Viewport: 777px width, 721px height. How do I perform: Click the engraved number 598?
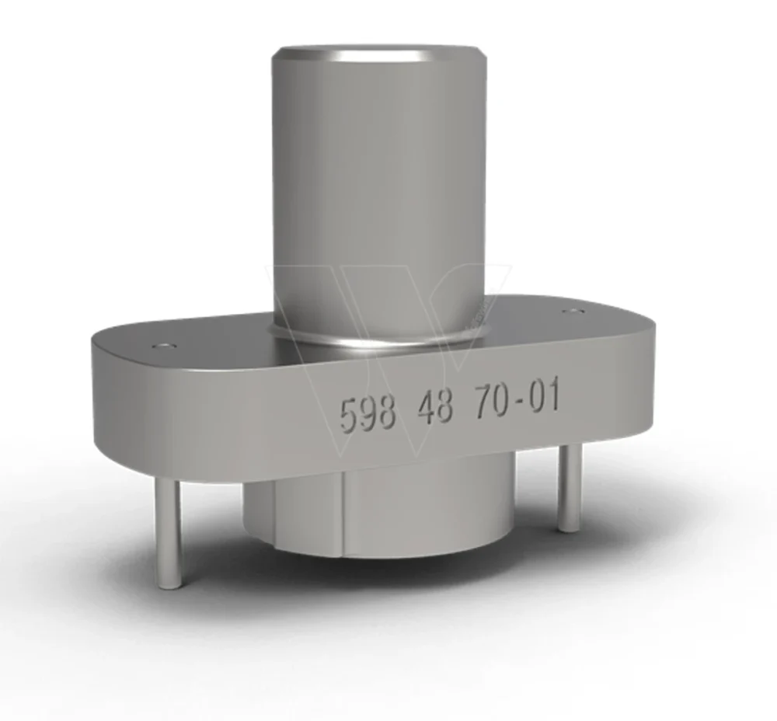coord(368,413)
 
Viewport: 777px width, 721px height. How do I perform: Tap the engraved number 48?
coord(435,407)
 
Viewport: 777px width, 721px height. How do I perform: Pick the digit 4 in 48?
coord(425,408)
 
